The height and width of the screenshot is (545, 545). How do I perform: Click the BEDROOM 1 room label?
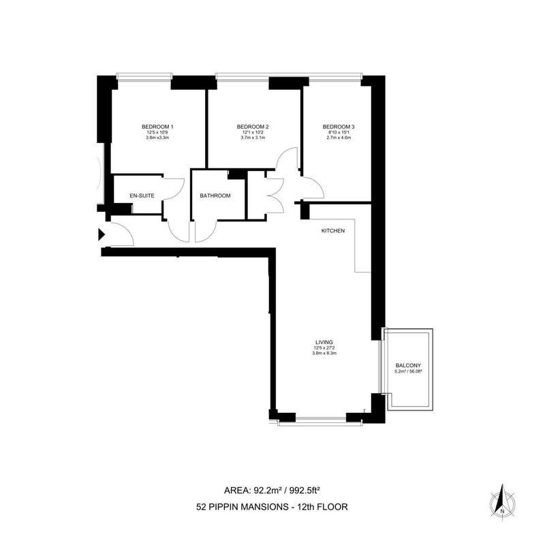point(157,127)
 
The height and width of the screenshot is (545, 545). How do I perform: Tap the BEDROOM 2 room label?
point(253,127)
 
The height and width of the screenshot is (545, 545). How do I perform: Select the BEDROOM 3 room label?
point(339,127)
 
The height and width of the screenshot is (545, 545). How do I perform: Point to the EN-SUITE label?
point(142,196)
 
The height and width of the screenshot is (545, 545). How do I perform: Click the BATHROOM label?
point(215,196)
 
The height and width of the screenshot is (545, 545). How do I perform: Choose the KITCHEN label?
point(333,231)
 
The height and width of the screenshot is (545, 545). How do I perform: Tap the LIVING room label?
point(324,343)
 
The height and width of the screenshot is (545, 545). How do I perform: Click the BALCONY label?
point(408,366)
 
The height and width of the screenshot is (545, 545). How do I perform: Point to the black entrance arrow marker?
point(101,234)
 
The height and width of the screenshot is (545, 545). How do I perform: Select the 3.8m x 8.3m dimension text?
point(324,353)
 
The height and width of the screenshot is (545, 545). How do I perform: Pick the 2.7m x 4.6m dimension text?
point(339,138)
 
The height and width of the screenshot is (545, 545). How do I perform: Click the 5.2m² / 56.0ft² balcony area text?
point(408,371)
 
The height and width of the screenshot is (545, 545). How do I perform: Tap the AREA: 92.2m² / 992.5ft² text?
point(272,490)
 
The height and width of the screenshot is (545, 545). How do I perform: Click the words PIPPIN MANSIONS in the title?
point(247,507)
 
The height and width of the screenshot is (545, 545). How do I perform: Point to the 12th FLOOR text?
point(322,507)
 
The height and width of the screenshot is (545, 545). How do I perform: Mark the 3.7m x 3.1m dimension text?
point(253,138)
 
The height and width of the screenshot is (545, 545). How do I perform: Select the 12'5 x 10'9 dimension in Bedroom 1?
point(157,132)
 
